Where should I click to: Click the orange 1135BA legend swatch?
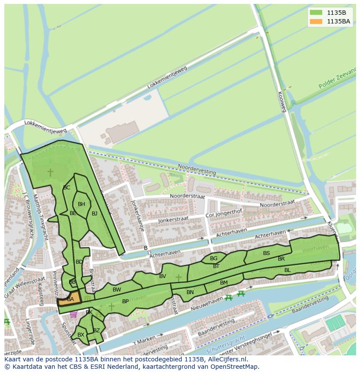(x=316, y=21)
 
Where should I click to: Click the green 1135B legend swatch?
(x=316, y=13)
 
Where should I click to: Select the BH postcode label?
(x=81, y=204)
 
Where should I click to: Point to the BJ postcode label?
(x=94, y=213)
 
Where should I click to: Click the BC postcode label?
(x=67, y=188)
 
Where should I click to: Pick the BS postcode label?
(x=267, y=253)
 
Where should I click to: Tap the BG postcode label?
(x=213, y=258)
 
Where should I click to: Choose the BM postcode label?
(x=224, y=283)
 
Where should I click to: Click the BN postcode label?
(x=190, y=292)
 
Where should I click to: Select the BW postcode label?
(x=117, y=290)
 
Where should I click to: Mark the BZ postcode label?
(x=97, y=331)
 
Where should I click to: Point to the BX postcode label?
(x=80, y=335)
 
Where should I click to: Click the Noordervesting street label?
(x=197, y=169)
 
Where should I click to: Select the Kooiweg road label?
(x=281, y=102)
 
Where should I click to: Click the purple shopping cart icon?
(x=73, y=314)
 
